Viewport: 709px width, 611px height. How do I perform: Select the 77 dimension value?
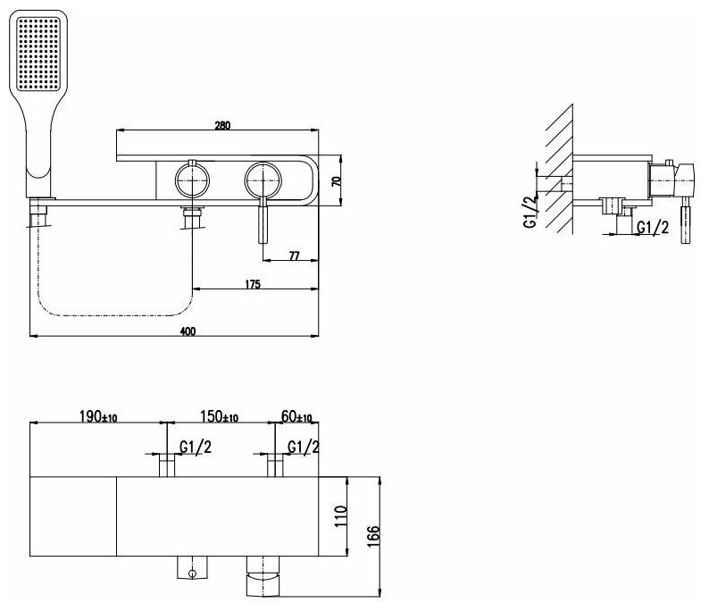click(x=294, y=255)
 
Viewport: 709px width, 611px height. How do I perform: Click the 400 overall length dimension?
click(x=188, y=331)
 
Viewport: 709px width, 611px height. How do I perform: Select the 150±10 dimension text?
click(x=218, y=417)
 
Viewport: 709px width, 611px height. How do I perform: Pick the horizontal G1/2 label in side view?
click(x=654, y=229)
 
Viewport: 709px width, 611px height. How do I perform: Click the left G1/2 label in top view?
click(x=195, y=446)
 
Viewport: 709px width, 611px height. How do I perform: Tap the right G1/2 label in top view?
click(x=304, y=446)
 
